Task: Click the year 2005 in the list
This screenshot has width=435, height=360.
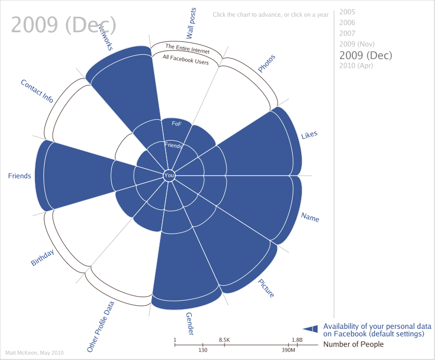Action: point(347,12)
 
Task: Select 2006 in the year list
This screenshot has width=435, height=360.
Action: point(347,23)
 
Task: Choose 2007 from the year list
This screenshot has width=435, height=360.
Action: point(347,33)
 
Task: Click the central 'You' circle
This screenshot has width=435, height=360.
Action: point(169,175)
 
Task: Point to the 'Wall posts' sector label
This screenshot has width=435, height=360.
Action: point(191,24)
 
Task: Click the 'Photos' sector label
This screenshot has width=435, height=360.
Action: point(266,63)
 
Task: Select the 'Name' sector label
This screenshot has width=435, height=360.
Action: point(310,217)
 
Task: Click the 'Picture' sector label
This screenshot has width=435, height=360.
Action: point(266,288)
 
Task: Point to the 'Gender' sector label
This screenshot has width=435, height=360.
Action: point(190,324)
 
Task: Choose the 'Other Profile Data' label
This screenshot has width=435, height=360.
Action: point(101,326)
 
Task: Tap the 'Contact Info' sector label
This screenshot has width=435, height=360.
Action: point(37,91)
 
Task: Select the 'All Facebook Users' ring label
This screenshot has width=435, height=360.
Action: point(185,60)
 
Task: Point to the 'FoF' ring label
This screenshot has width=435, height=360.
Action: point(176,124)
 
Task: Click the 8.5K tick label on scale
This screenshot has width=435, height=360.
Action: point(224,340)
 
